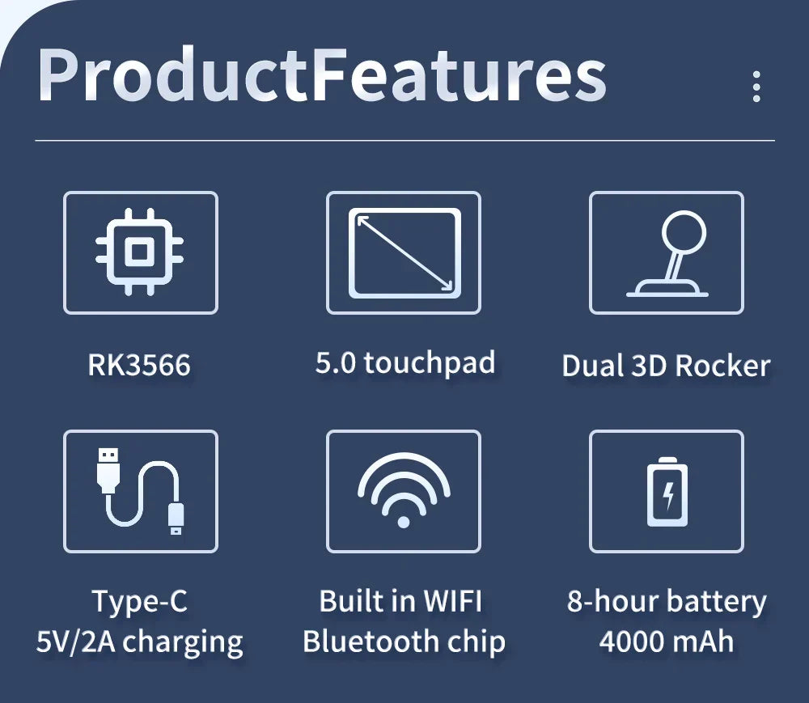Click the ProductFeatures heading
(x=322, y=75)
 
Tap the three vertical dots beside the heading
(x=756, y=86)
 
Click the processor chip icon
(x=140, y=252)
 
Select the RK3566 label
(x=139, y=365)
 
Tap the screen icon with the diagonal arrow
(x=404, y=252)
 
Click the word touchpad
(x=430, y=363)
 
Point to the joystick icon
(x=668, y=253)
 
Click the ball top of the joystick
(x=684, y=231)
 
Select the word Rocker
(x=722, y=366)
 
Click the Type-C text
(x=139, y=601)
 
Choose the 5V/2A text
(x=75, y=642)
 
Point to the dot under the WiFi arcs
(x=404, y=523)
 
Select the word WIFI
(x=452, y=601)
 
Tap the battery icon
(x=667, y=492)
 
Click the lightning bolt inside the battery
(x=668, y=496)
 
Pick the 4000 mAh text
(x=667, y=642)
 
